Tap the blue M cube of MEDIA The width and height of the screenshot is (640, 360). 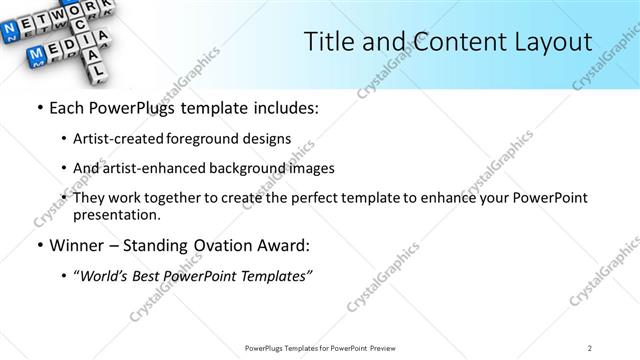pyautogui.click(x=36, y=52)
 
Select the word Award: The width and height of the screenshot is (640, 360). pyautogui.click(x=284, y=245)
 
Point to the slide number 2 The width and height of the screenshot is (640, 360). pyautogui.click(x=590, y=347)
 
